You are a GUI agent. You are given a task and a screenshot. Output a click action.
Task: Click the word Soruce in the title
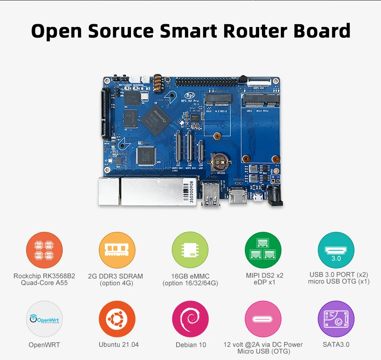tap(123, 31)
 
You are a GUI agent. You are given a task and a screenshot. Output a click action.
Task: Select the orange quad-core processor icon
tap(44, 250)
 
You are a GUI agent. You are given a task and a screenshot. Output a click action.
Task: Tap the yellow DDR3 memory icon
tap(117, 250)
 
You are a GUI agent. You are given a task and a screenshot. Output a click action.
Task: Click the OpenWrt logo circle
tap(44, 319)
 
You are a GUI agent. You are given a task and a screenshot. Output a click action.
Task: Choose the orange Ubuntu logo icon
tap(117, 319)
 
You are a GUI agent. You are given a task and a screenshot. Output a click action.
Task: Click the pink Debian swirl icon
tap(190, 319)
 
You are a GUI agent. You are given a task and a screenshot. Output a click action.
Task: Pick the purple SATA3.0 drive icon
tap(336, 319)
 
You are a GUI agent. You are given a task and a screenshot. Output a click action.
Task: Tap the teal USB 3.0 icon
tap(336, 250)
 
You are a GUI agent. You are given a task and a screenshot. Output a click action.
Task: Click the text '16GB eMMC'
tap(190, 276)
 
